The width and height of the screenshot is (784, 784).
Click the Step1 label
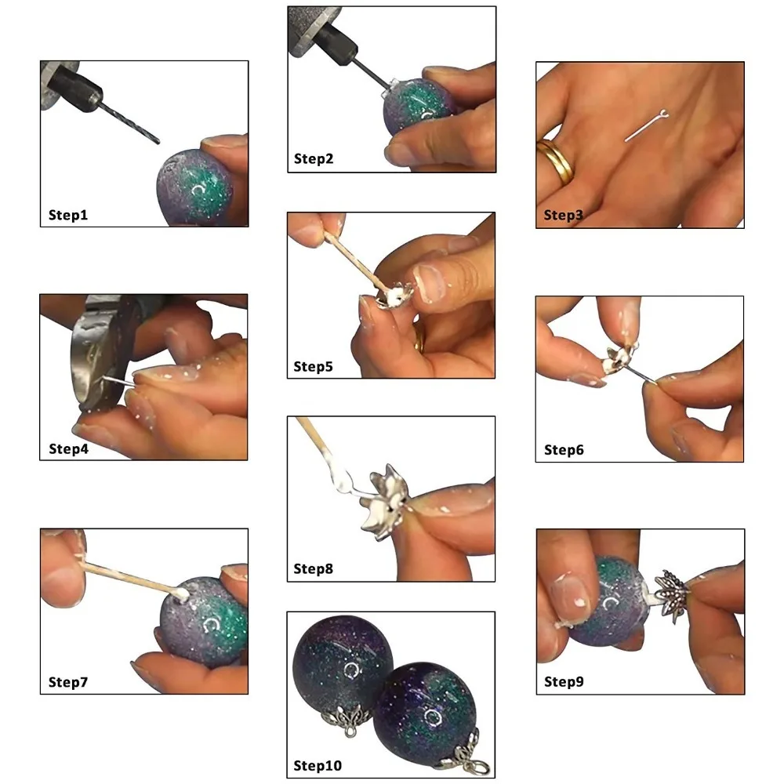[68, 215]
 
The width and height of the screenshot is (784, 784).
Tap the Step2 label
[314, 158]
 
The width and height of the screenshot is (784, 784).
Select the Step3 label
[563, 215]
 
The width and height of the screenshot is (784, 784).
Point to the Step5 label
[313, 366]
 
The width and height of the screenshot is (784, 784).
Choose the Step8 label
[313, 568]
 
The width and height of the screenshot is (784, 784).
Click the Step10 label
[318, 765]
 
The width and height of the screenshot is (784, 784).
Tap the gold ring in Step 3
[556, 161]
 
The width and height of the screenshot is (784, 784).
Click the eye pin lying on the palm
[647, 125]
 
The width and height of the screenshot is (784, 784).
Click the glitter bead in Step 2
[418, 107]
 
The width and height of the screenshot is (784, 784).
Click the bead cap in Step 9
[672, 593]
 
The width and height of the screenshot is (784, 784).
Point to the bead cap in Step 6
[619, 357]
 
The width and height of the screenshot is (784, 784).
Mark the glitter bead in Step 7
[204, 620]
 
